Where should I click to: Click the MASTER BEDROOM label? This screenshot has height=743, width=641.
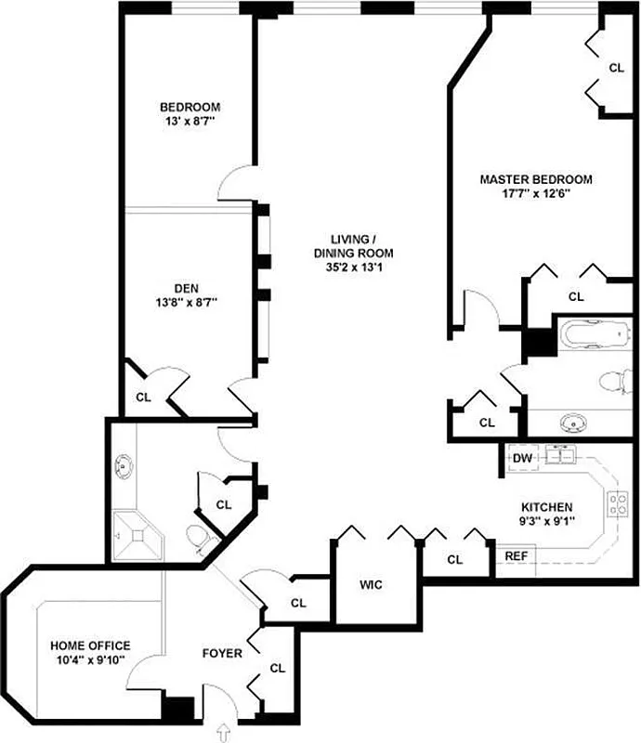click(x=536, y=179)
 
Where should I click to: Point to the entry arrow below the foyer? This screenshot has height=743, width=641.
click(x=223, y=733)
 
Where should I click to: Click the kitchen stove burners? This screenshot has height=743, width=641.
click(x=616, y=504)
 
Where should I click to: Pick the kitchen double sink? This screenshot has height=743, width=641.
click(x=561, y=455)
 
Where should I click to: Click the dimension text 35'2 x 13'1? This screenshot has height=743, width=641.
click(x=353, y=268)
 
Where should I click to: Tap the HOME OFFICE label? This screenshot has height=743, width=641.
click(x=90, y=645)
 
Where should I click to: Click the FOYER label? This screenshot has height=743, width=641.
click(x=222, y=654)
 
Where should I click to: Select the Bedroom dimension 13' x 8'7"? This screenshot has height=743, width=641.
click(x=190, y=121)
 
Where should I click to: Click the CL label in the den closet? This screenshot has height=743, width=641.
click(x=143, y=397)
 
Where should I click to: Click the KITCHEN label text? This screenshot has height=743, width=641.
click(x=546, y=507)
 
